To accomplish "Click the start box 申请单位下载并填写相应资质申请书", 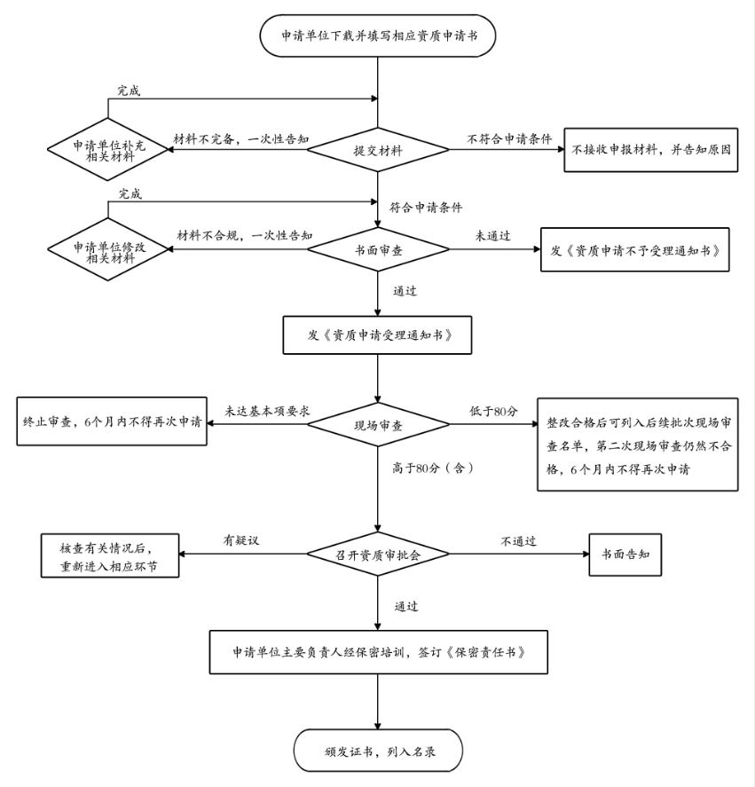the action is [378, 35].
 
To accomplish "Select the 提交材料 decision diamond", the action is [378, 150].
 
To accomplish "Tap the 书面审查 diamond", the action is [378, 249].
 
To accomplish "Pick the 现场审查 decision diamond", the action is [378, 425].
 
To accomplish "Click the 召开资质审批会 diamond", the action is [378, 555].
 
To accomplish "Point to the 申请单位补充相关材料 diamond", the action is [108, 150].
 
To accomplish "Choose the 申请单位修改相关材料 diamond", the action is [108, 249].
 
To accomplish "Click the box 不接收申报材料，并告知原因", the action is [650, 150].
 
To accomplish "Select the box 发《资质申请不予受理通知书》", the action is [634, 249].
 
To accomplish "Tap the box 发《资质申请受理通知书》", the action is [378, 334].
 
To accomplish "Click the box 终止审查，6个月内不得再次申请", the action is [112, 421].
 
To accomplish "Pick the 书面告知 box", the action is [625, 555].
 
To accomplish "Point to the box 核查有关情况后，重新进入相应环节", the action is [110, 555].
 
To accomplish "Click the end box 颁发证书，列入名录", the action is [378, 751].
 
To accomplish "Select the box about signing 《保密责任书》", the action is [379, 652].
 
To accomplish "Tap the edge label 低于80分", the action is [493, 412].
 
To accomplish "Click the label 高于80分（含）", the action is [434, 468].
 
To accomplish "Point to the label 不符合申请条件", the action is [509, 138].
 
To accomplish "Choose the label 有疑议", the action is [241, 540].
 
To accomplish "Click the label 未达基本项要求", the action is [267, 411].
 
